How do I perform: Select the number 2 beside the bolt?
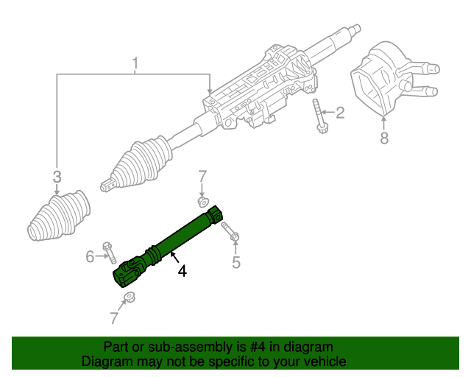click(x=339, y=113)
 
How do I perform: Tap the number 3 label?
click(x=57, y=176)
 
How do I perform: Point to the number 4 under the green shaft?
click(x=181, y=271)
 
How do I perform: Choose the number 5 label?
click(x=235, y=262)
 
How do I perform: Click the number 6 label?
click(x=90, y=256)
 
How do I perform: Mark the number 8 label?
click(x=383, y=138)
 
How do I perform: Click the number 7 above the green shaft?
click(x=202, y=176)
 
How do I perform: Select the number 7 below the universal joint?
click(x=113, y=318)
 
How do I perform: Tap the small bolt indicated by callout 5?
click(x=229, y=231)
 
